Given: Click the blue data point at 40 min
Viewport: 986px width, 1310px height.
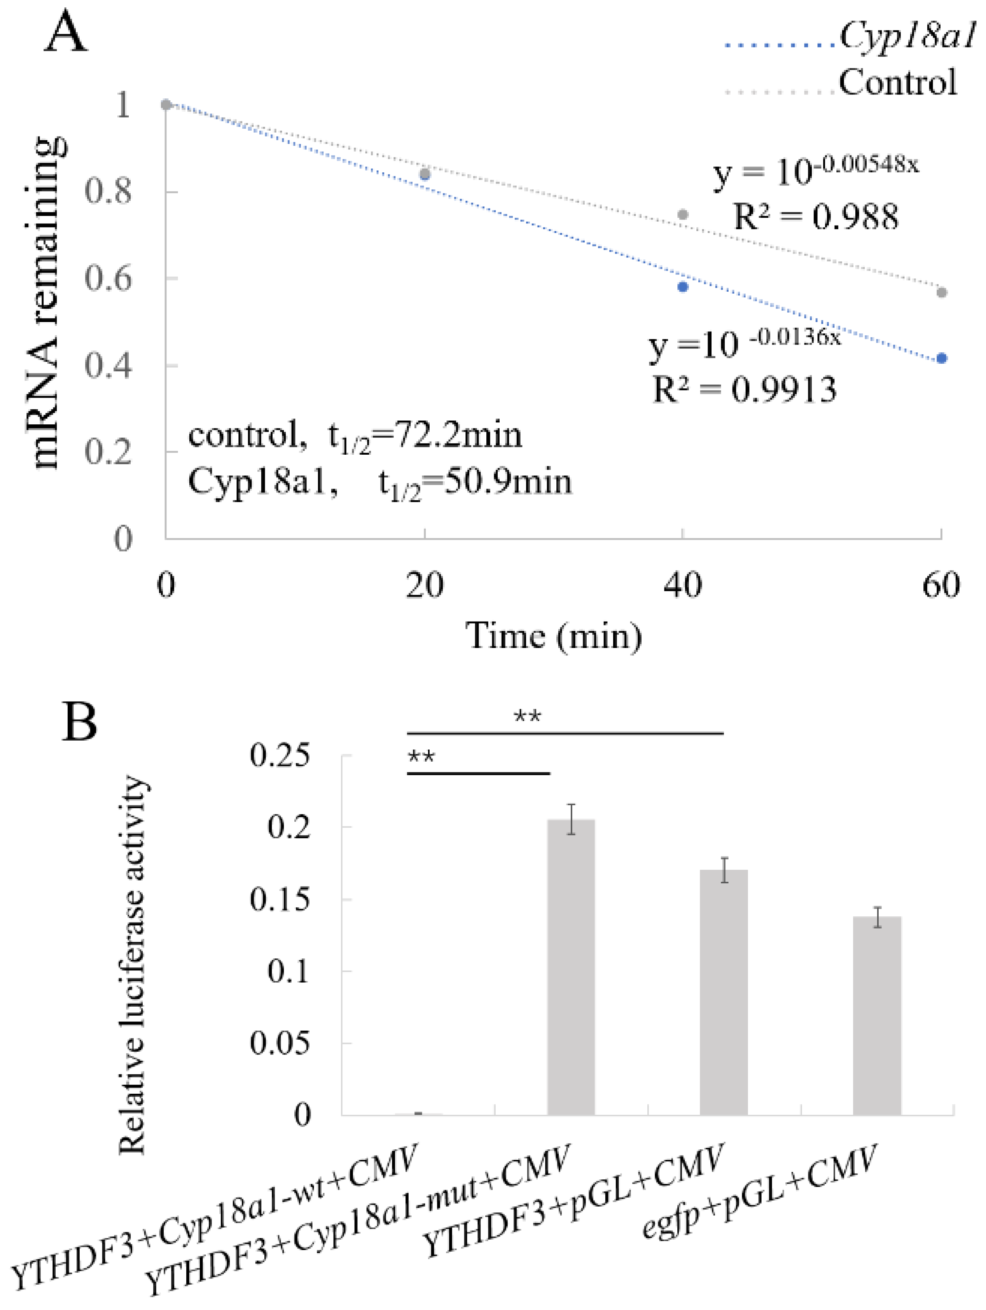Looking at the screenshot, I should pyautogui.click(x=683, y=287).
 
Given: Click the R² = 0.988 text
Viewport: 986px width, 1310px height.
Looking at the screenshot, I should pyautogui.click(x=816, y=216).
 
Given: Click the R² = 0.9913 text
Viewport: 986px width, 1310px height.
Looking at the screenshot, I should pyautogui.click(x=745, y=390).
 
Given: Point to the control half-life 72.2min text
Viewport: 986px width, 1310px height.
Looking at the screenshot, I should pyautogui.click(x=355, y=436).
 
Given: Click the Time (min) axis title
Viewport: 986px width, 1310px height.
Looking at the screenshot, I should pyautogui.click(x=554, y=637).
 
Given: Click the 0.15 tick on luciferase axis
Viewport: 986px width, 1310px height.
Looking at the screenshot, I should pyautogui.click(x=279, y=900).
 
